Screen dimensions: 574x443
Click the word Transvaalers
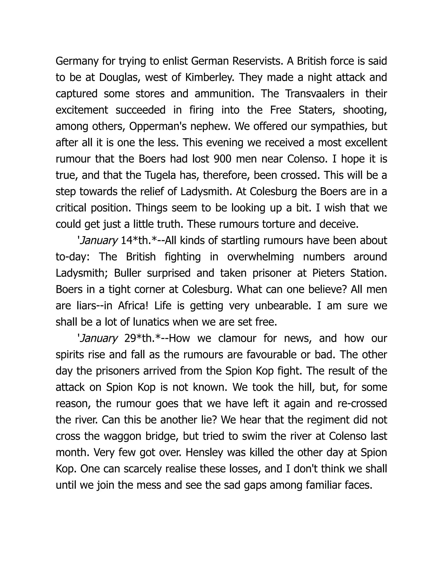coord(315,94)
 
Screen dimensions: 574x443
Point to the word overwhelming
coord(260,257)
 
